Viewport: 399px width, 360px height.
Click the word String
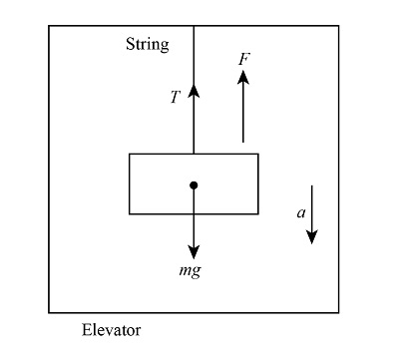coord(147,45)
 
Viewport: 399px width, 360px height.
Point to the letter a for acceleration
coord(300,212)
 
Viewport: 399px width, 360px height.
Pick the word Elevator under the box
coord(111,329)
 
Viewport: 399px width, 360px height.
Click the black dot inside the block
coord(194,184)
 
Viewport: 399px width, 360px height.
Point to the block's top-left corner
coord(129,154)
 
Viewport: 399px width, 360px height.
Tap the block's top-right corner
coord(258,154)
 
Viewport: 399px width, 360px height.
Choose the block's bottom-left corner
coord(129,213)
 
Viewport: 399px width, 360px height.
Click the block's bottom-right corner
coord(258,213)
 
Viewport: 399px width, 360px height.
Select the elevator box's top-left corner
coord(49,26)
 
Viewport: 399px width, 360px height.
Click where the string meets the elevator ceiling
coord(194,27)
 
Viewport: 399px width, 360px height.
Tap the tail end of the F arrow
coord(242,142)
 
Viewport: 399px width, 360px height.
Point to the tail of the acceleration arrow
coord(311,185)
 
